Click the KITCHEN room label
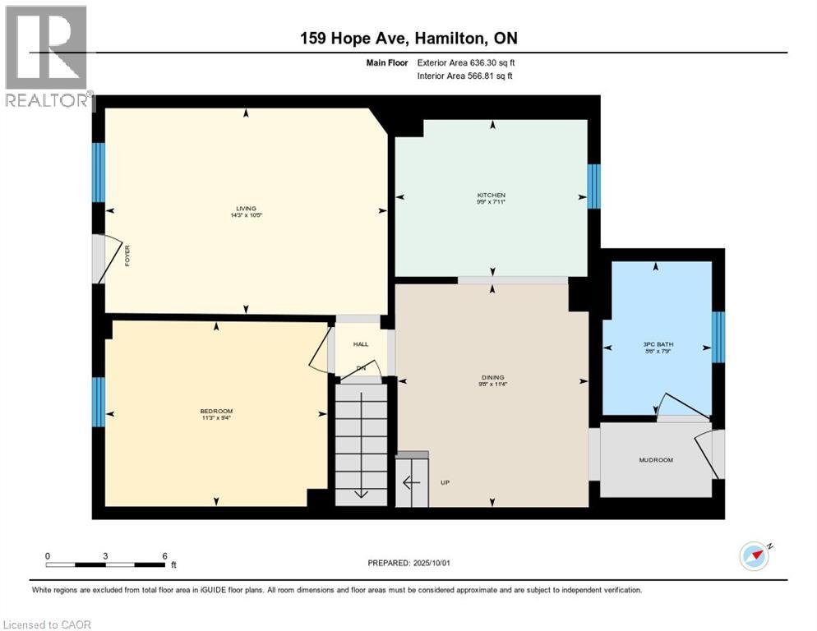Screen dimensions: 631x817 click(492, 196)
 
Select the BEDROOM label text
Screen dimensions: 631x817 click(216, 412)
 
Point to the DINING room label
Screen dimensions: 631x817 click(492, 378)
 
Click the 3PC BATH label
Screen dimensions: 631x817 click(656, 344)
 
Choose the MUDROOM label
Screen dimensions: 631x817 click(655, 460)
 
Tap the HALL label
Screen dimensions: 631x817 click(361, 344)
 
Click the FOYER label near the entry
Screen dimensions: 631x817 click(127, 256)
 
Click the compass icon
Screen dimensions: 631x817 click(754, 556)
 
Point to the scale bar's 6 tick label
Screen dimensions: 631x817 click(164, 556)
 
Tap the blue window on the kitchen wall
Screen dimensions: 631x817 click(593, 187)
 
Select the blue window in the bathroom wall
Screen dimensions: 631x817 click(718, 337)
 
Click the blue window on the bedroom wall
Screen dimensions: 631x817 click(98, 402)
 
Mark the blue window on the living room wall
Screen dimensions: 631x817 click(98, 173)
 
